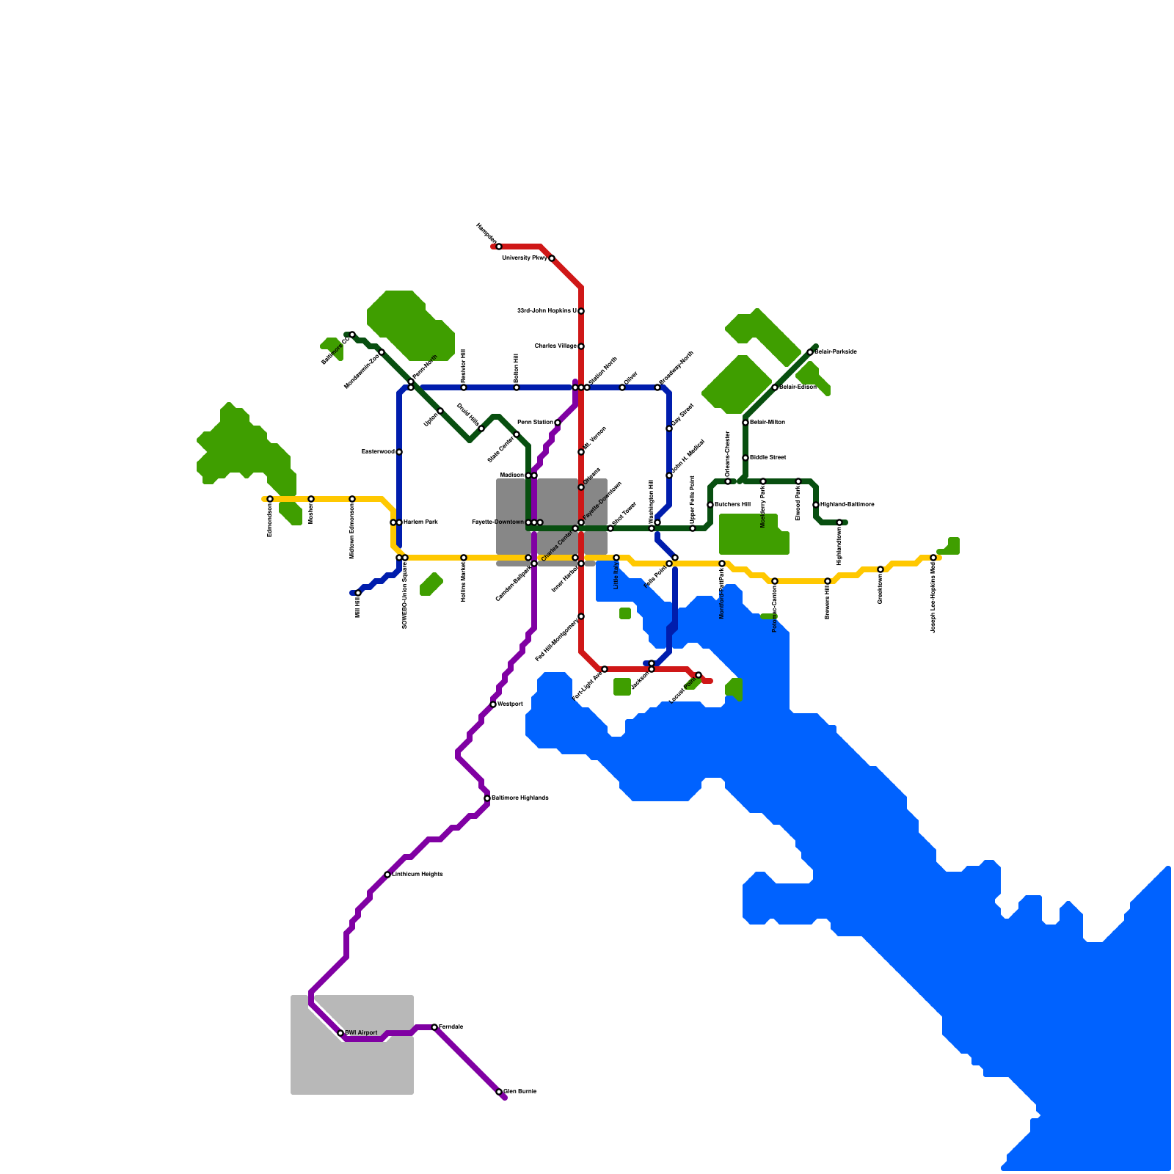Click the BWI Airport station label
[362, 1033]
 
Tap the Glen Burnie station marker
[499, 1092]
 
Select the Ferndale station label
[451, 1027]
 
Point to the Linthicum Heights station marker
[387, 875]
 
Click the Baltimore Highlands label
[520, 798]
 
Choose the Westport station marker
[493, 704]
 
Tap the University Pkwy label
[525, 258]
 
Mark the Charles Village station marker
[581, 346]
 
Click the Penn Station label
[536, 423]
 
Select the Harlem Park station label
[420, 522]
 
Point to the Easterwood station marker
[399, 452]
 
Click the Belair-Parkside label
[836, 352]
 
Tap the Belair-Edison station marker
[775, 387]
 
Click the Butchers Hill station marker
[710, 505]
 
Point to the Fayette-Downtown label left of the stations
[497, 522]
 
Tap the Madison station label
[511, 475]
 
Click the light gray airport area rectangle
[352, 1064]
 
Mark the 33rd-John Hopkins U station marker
[581, 311]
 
